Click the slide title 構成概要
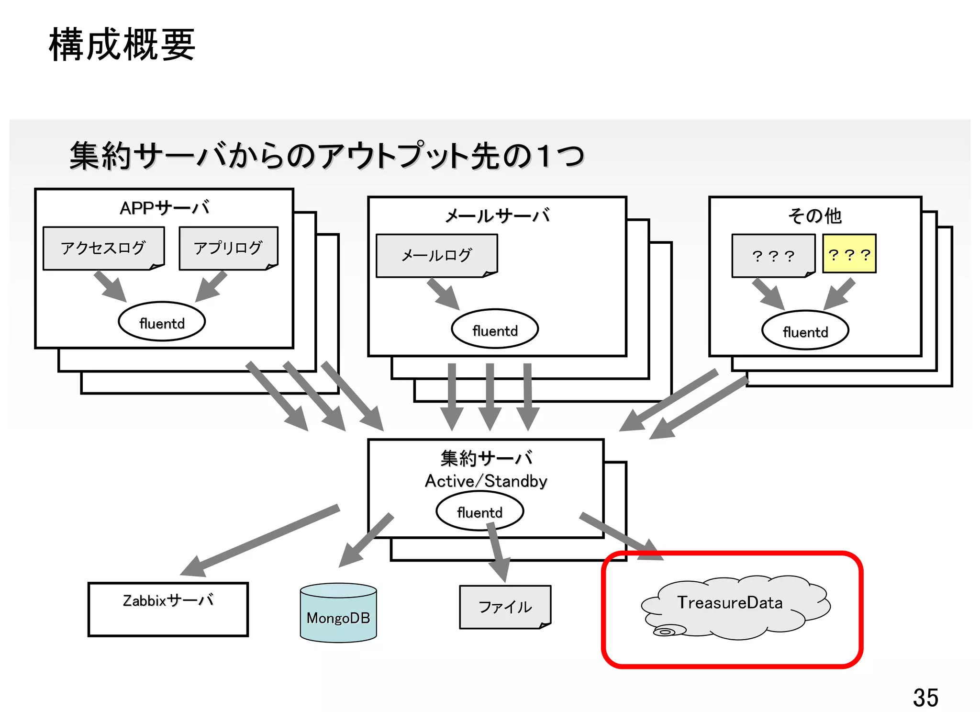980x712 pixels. (x=122, y=45)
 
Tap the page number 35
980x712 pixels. (x=925, y=698)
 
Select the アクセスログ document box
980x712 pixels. (x=103, y=248)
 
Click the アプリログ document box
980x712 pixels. (x=228, y=248)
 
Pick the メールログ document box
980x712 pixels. (x=436, y=255)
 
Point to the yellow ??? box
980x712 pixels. (x=849, y=254)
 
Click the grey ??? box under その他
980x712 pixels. (x=773, y=256)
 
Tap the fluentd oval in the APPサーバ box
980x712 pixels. (x=162, y=321)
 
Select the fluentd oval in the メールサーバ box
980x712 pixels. (x=495, y=329)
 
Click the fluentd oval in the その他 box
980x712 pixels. (x=805, y=330)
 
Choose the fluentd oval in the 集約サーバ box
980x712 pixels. (x=479, y=511)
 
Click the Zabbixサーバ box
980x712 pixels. (x=168, y=609)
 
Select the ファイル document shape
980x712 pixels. (x=505, y=607)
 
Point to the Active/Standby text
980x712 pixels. (x=486, y=481)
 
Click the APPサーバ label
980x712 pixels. (x=164, y=208)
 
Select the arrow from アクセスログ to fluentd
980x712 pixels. (x=110, y=286)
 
